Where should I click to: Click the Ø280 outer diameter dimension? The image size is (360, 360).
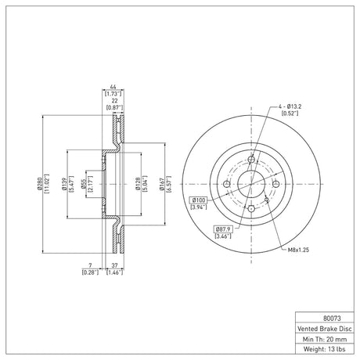coord(40,184)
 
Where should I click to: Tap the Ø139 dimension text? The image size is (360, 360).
coord(64,184)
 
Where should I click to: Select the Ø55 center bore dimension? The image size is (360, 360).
coord(84,184)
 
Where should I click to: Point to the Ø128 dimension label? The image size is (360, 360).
coord(138,184)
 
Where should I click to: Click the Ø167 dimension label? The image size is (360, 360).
coord(162,184)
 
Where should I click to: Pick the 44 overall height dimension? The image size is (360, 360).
coord(113,87)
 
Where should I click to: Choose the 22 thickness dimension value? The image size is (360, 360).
coord(114,101)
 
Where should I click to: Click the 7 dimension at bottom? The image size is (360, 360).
coord(90,265)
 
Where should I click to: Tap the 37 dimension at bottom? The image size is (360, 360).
coord(114,265)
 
